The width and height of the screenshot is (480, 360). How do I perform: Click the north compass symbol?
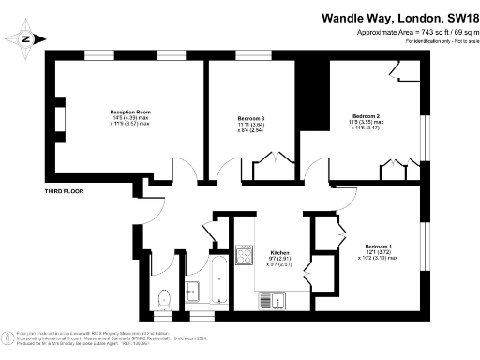24,37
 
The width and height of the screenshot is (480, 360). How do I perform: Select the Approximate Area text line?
412,33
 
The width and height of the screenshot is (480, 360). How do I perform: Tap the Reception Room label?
130,112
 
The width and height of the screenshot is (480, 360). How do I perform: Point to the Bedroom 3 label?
251,117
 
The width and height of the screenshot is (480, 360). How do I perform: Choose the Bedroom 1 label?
378,246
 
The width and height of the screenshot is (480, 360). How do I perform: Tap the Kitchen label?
279,253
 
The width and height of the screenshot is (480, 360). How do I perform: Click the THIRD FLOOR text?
65,191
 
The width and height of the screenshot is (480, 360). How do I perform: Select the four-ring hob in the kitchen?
247,255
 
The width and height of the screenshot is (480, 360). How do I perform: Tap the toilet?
164,299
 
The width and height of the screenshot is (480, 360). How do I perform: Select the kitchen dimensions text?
279,262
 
